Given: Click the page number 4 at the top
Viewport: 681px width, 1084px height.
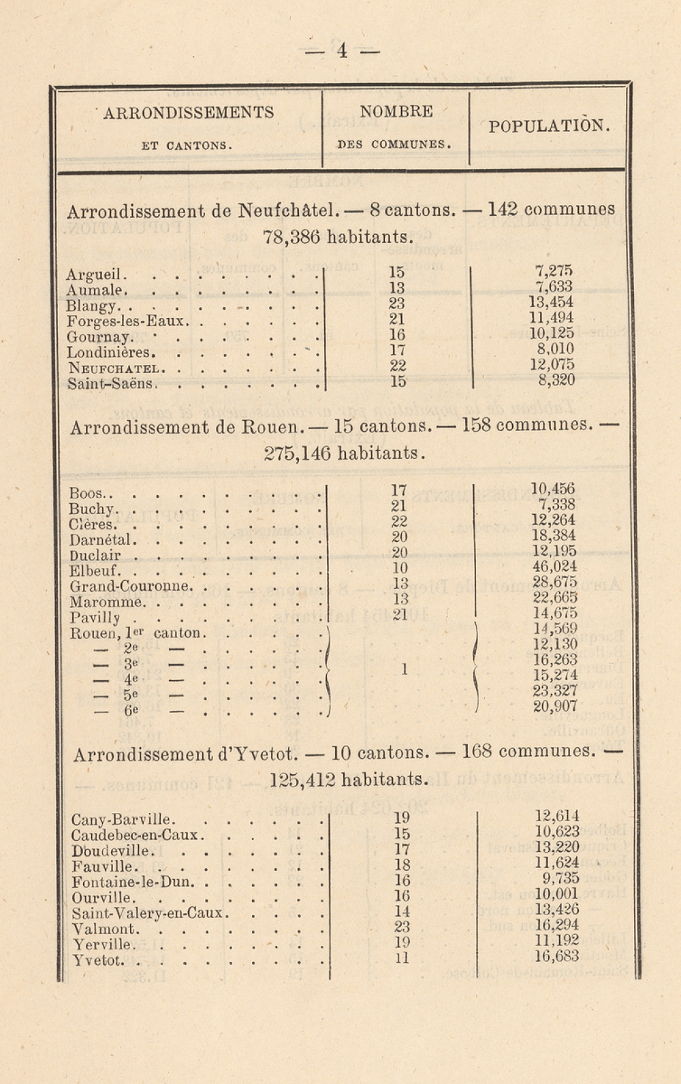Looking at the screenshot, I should (x=342, y=50).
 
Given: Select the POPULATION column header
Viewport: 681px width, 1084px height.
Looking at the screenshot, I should (x=549, y=126).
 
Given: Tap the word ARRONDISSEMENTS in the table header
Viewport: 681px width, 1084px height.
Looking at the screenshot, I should (x=189, y=112).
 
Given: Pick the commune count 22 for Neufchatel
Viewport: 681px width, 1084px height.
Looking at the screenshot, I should (x=397, y=366).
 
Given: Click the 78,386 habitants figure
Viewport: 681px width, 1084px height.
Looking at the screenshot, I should (x=291, y=238).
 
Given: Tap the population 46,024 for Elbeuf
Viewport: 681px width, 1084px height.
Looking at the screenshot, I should (x=554, y=567).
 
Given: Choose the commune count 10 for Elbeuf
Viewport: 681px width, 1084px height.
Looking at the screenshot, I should (x=400, y=568).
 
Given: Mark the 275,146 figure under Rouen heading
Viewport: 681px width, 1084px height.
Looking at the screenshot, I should (x=296, y=453).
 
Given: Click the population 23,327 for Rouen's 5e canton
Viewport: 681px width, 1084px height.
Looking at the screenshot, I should (x=555, y=691).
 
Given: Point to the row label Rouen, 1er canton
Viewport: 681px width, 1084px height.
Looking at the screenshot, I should (x=137, y=633).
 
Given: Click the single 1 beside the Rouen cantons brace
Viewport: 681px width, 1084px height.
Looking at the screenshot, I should (x=404, y=669).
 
